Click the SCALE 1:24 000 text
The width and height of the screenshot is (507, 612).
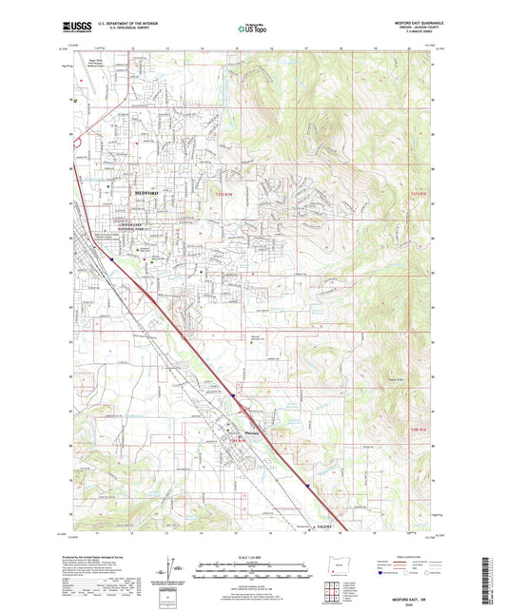click(253, 556)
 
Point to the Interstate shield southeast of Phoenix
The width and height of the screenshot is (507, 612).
click(308, 484)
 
